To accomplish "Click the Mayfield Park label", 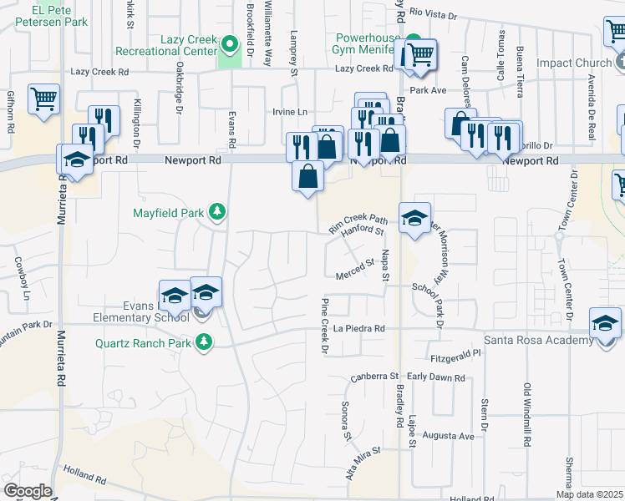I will pyautogui.click(x=168, y=213).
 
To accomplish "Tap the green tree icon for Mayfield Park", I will pyautogui.click(x=217, y=212).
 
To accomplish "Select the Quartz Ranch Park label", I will pyautogui.click(x=144, y=342).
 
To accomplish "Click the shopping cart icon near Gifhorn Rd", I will pyautogui.click(x=43, y=99).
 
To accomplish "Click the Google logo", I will pyautogui.click(x=28, y=491).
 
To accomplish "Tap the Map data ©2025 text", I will pyautogui.click(x=589, y=494).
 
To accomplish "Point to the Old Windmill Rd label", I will pyautogui.click(x=527, y=413).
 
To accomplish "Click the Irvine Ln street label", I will pyautogui.click(x=290, y=112).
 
